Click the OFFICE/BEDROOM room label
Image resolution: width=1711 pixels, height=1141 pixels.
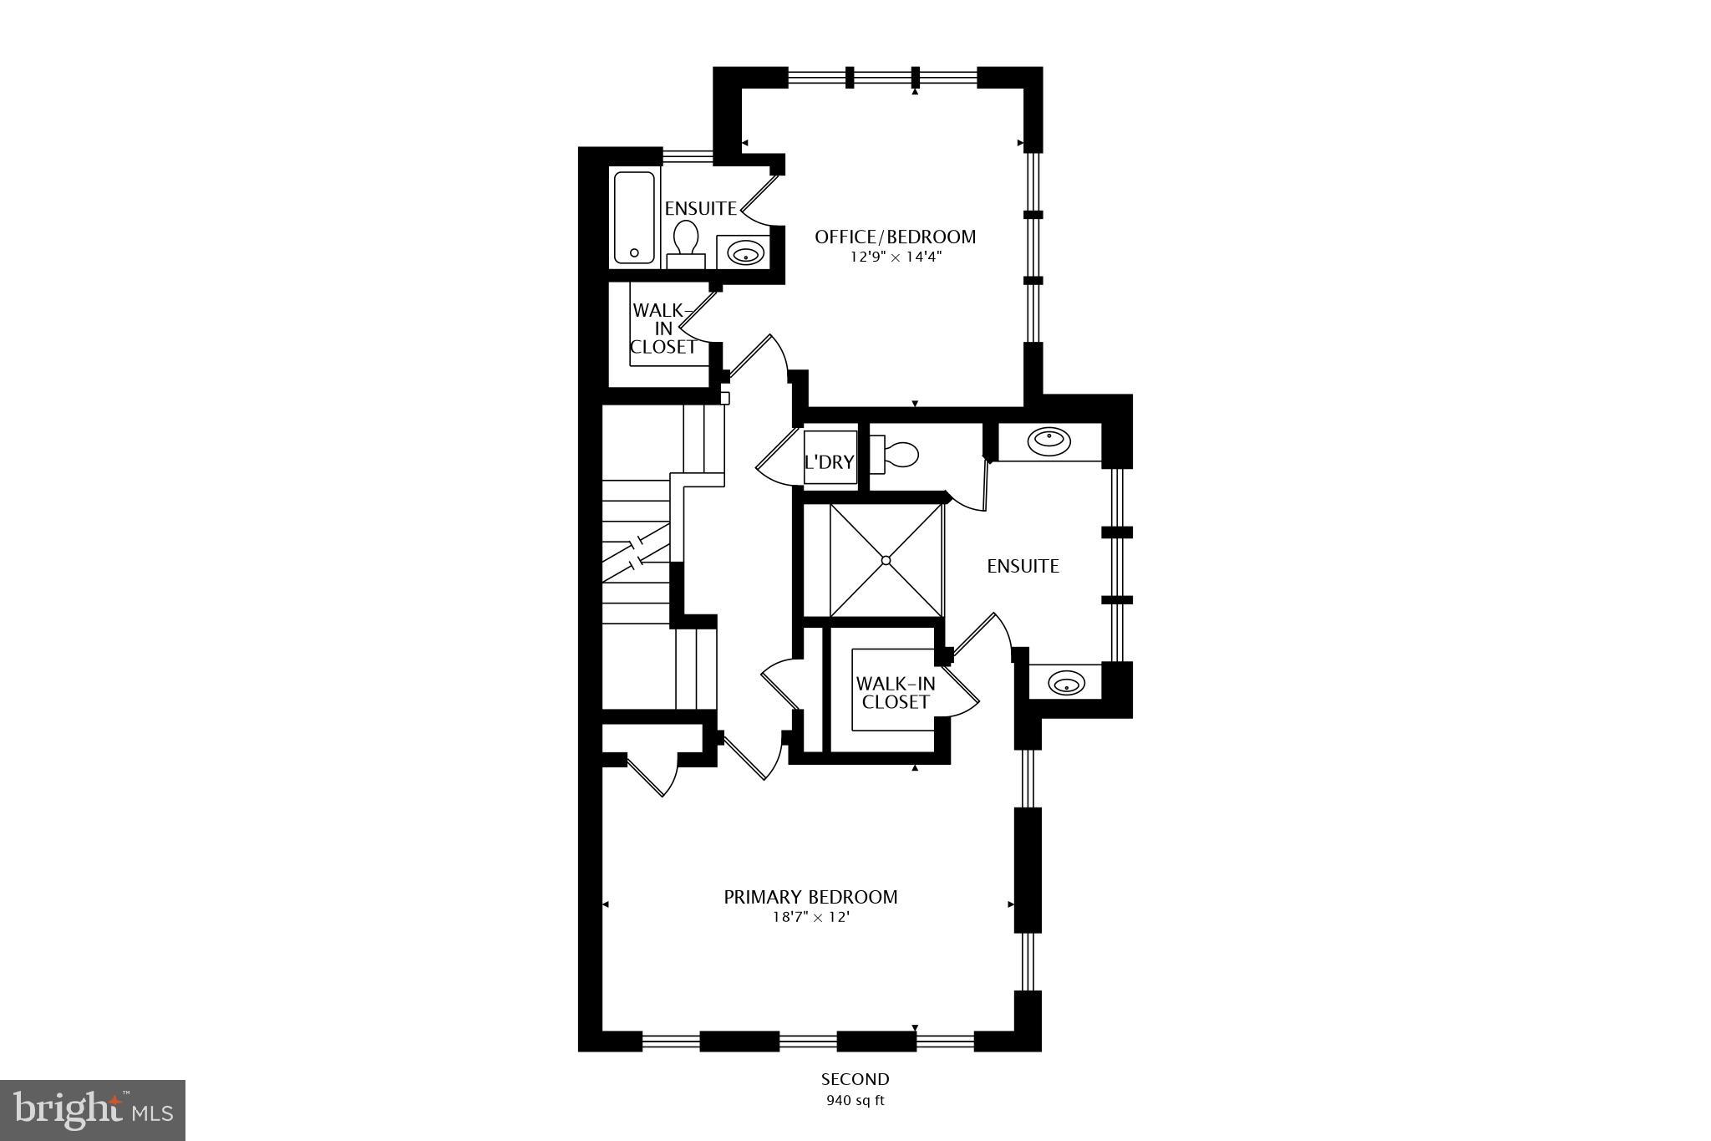click(x=895, y=237)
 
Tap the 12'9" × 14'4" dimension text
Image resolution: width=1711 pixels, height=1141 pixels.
click(x=895, y=257)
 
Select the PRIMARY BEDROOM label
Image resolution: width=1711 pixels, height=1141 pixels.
click(x=810, y=897)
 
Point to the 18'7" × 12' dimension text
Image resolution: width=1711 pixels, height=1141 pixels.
click(x=810, y=918)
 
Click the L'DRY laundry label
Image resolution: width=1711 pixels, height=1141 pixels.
click(x=829, y=461)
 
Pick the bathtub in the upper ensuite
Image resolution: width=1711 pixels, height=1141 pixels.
click(x=634, y=217)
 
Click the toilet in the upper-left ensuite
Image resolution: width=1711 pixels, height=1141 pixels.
click(x=686, y=242)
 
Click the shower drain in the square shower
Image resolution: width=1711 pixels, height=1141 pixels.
click(x=886, y=560)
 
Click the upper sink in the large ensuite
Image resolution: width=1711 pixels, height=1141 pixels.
click(x=1048, y=441)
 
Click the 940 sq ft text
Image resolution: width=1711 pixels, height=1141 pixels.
click(x=855, y=1100)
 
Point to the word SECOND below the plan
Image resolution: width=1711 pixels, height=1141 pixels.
click(x=855, y=1079)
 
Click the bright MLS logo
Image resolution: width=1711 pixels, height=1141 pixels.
click(x=93, y=1110)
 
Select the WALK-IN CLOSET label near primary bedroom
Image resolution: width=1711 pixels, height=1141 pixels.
click(x=895, y=693)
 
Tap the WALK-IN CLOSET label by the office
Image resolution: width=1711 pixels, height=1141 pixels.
click(x=663, y=329)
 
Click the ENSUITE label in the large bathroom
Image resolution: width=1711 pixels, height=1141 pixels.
click(x=1023, y=567)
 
